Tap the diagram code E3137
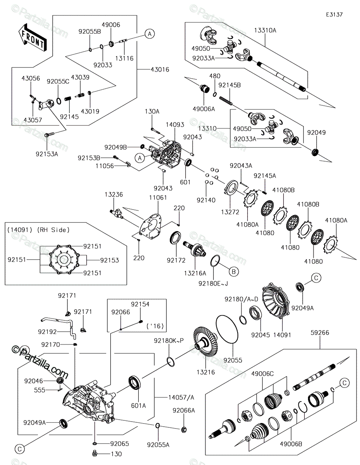click(x=334, y=15)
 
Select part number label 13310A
click(x=265, y=30)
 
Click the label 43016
click(x=160, y=69)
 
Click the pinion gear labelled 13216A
click(x=195, y=249)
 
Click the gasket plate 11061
click(x=150, y=226)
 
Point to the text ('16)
click(x=155, y=326)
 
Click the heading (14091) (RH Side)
click(x=38, y=230)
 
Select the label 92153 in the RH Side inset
click(x=109, y=260)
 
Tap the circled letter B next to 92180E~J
click(x=234, y=272)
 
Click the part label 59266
click(x=320, y=332)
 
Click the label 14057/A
click(x=181, y=397)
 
